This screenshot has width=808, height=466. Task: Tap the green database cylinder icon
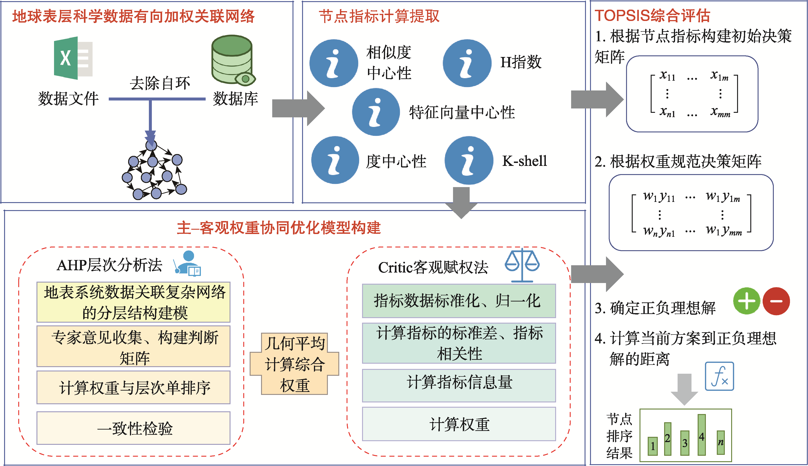232,59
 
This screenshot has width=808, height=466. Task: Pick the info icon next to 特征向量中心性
376,112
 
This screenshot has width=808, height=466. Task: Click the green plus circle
746,301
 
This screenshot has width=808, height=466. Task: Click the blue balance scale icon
522,265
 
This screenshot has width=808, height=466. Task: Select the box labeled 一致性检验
134,428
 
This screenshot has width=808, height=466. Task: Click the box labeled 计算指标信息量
459,385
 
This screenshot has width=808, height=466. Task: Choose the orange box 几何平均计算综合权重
295,364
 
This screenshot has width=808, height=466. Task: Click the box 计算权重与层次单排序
134,387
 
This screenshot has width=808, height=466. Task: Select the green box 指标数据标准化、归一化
459,301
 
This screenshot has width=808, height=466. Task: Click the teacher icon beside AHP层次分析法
188,263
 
